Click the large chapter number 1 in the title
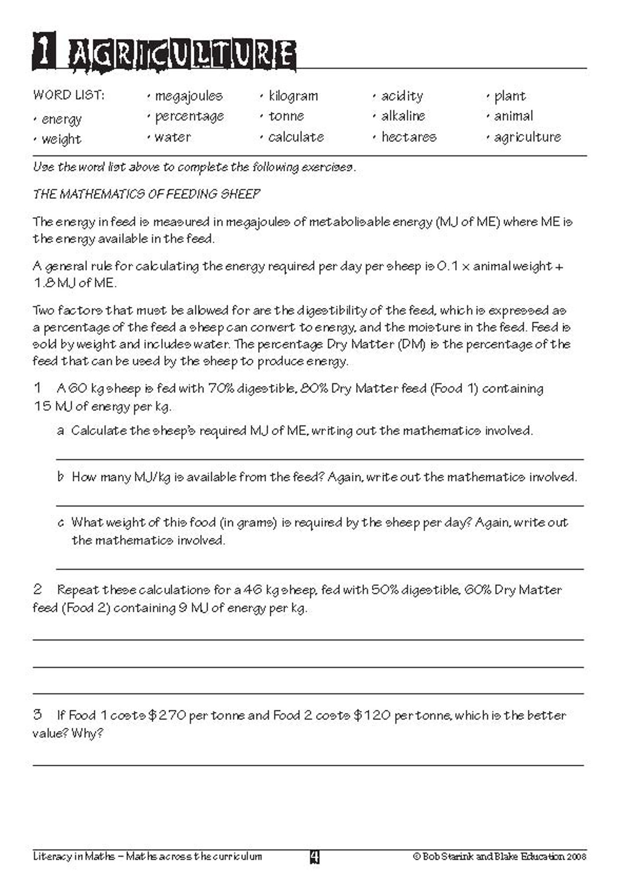(x=44, y=51)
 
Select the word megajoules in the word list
(x=188, y=96)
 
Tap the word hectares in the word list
(x=409, y=137)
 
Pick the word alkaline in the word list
(x=403, y=116)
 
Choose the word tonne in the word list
(x=286, y=116)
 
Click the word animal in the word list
(x=513, y=116)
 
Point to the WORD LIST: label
(x=69, y=95)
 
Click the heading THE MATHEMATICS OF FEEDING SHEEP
(x=146, y=194)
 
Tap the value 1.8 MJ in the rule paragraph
(x=54, y=283)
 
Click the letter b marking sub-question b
(x=60, y=477)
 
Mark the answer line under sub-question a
(x=319, y=459)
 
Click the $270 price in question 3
(x=167, y=716)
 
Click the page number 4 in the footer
(x=314, y=857)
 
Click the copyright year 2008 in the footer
(x=576, y=857)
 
